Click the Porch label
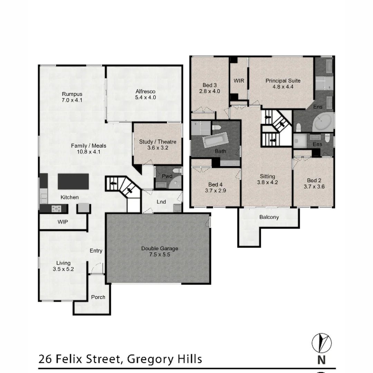coord(98,297)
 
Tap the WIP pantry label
coord(63,222)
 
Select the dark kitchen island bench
coord(73,181)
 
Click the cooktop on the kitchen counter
coord(56,209)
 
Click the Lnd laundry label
coord(161,202)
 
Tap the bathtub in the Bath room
coord(215,141)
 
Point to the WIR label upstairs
coord(239,81)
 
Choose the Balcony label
coord(269,217)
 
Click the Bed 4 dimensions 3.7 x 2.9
coord(217,190)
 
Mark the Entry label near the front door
coord(96,251)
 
